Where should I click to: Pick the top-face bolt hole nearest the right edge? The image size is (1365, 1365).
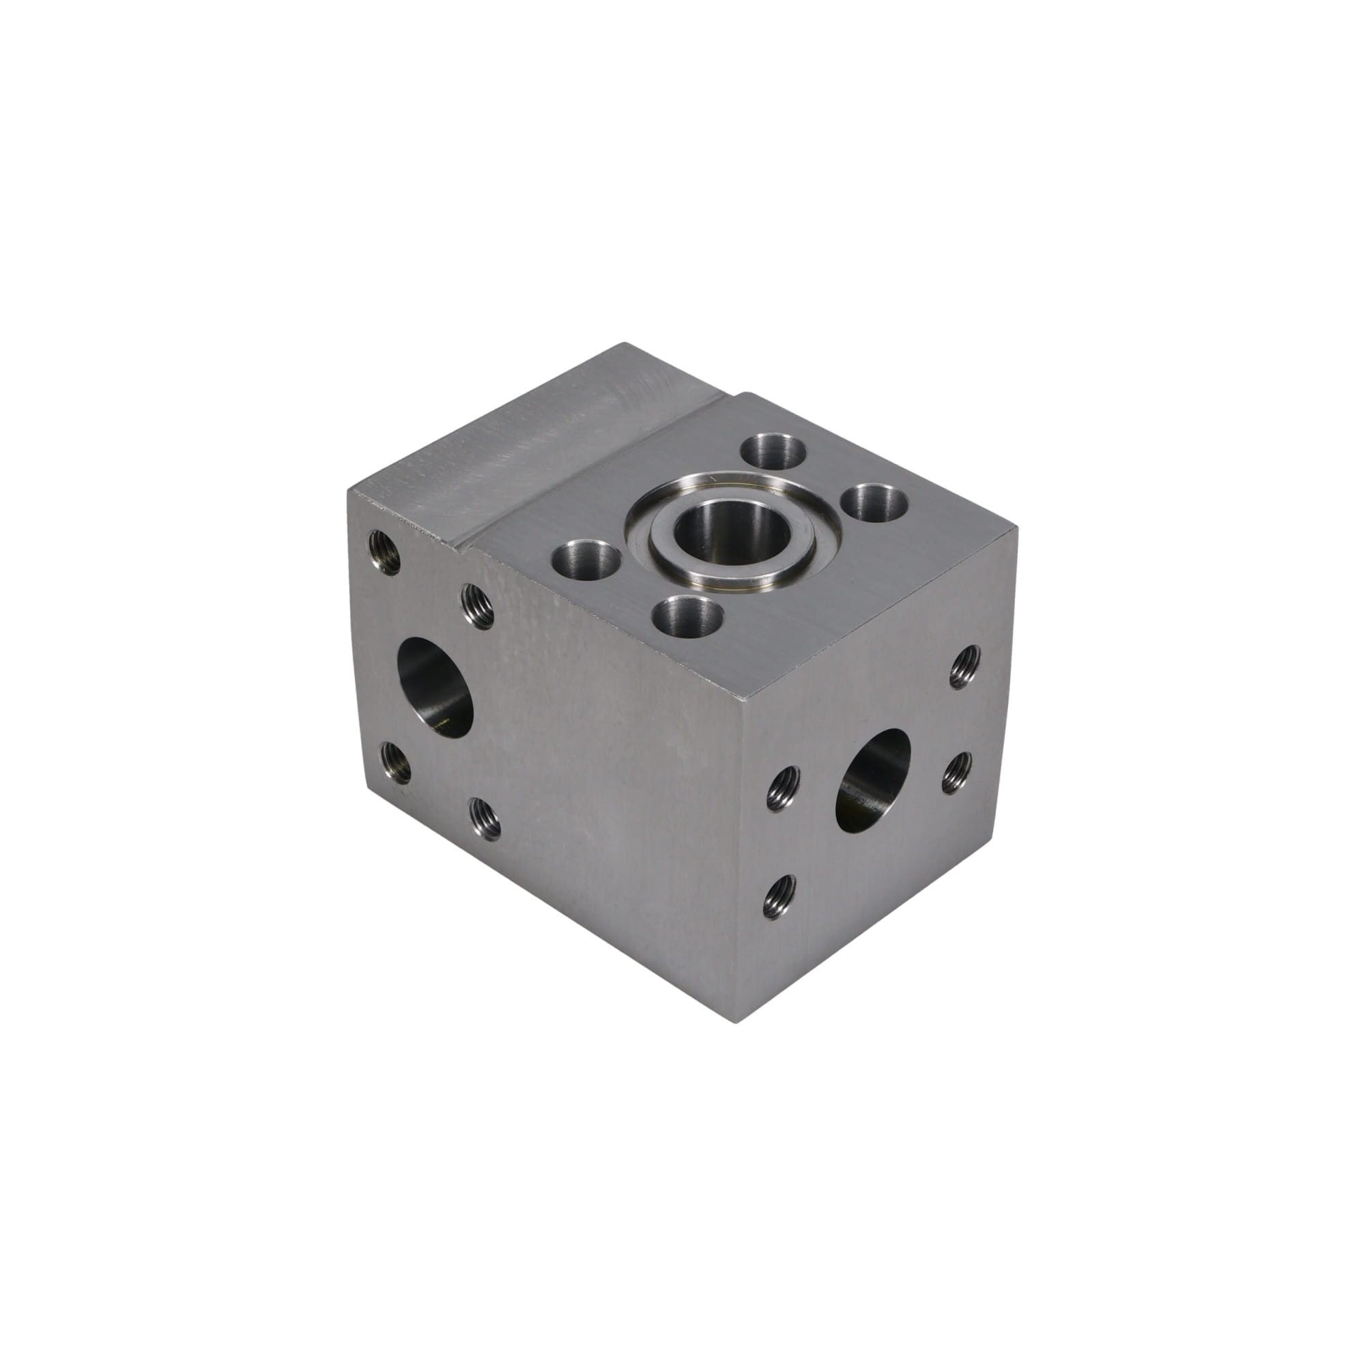(x=876, y=504)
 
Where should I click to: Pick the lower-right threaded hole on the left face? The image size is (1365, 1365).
(x=485, y=820)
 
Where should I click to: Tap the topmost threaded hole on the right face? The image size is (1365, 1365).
(x=965, y=665)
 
